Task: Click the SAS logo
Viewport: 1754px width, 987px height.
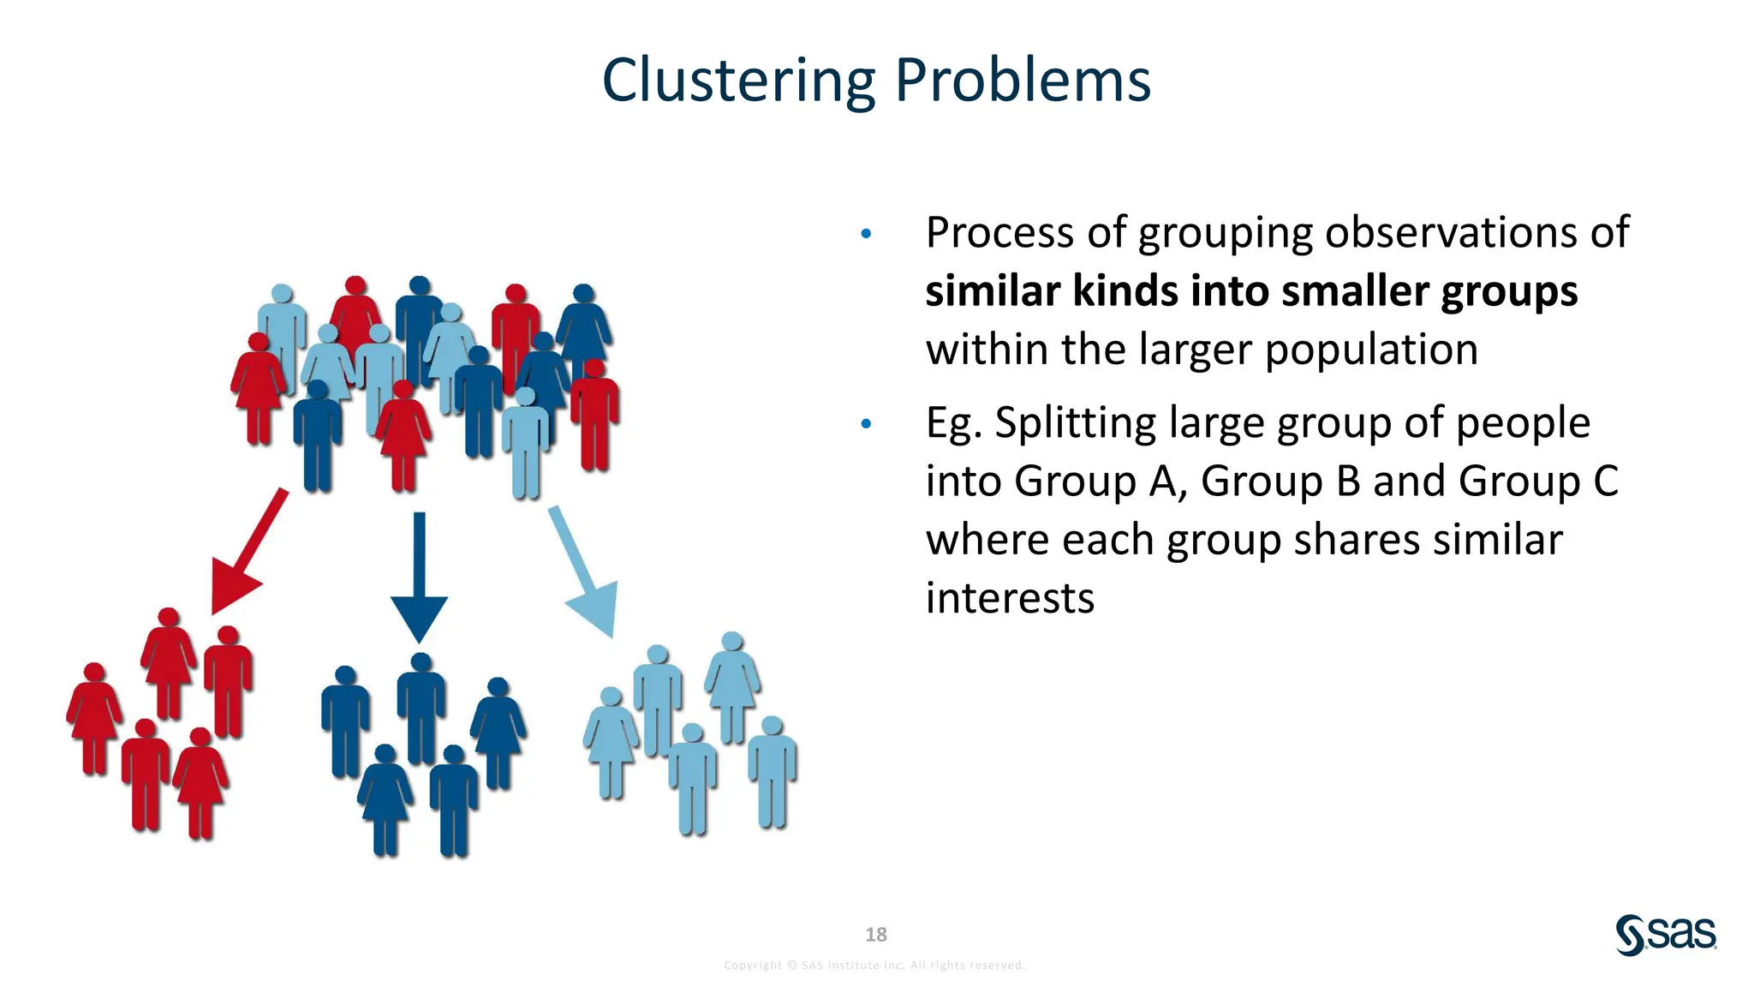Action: point(1666,935)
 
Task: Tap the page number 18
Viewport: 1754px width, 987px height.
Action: point(876,935)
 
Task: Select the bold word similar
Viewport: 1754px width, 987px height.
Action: point(993,291)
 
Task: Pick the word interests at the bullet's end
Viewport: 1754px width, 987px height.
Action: point(1010,598)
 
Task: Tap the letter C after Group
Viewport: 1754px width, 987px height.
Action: point(1606,482)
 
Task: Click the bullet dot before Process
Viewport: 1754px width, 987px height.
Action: point(866,233)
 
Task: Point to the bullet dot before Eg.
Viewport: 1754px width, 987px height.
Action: point(866,423)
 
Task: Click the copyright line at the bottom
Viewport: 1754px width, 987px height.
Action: point(874,966)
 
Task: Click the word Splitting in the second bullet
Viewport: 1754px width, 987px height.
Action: point(1075,423)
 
